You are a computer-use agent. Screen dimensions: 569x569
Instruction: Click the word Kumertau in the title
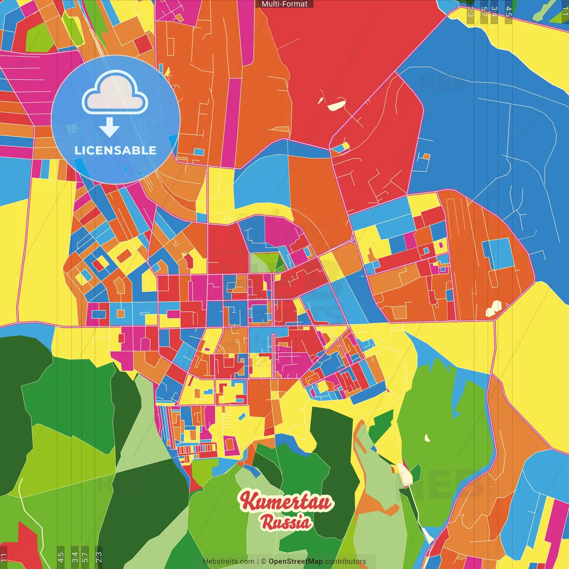[286, 502]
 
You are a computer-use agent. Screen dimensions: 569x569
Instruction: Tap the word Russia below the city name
[286, 522]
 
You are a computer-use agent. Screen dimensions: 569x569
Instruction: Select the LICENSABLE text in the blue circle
[116, 150]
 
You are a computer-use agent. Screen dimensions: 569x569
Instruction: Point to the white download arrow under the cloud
[109, 128]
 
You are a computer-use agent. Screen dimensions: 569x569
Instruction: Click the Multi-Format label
[284, 4]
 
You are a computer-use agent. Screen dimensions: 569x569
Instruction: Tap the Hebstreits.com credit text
[228, 561]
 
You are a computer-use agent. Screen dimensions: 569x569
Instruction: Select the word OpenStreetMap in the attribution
[296, 561]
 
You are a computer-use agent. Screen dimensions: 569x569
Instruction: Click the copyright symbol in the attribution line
[264, 561]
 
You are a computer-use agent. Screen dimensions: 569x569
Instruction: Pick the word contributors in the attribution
[345, 561]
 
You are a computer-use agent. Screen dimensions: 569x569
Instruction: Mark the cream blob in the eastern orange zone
[493, 308]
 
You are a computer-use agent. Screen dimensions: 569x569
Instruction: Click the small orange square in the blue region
[426, 156]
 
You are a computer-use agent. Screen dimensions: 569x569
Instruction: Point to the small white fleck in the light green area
[427, 438]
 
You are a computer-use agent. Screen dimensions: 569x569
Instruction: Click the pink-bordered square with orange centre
[120, 314]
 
